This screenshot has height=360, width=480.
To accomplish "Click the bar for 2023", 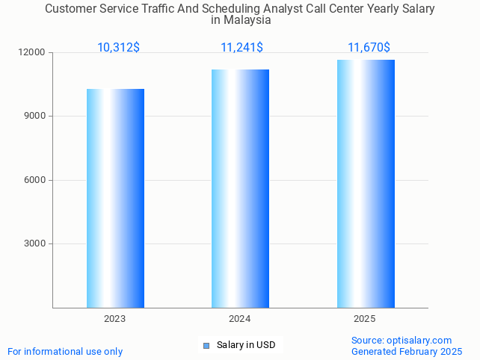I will [x=115, y=198].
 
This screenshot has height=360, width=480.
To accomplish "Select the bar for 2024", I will [x=240, y=188].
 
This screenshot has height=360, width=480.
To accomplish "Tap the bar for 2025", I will [x=366, y=184].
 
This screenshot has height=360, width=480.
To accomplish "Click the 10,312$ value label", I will [x=118, y=48].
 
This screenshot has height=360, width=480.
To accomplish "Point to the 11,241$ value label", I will [x=241, y=48].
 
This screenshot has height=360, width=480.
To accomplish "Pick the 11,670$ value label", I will [x=369, y=48].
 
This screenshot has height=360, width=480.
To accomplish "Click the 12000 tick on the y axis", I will [x=32, y=53].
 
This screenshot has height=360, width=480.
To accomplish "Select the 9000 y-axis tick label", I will [x=34, y=117].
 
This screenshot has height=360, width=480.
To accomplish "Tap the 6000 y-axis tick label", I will [x=34, y=180].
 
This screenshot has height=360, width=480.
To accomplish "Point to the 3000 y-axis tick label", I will [x=34, y=243].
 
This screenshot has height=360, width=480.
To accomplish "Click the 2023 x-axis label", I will [x=114, y=319].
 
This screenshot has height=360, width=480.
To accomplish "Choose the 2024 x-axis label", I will [x=239, y=319].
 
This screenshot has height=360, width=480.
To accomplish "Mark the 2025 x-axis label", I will [x=365, y=319].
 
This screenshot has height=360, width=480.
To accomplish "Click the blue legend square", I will [x=206, y=345].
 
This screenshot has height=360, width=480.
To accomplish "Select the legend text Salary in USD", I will [x=246, y=345].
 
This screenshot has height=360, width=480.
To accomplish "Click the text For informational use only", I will [x=65, y=352].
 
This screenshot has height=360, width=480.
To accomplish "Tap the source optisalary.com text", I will [x=401, y=341].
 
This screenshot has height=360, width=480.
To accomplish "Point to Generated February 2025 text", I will [x=407, y=351].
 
